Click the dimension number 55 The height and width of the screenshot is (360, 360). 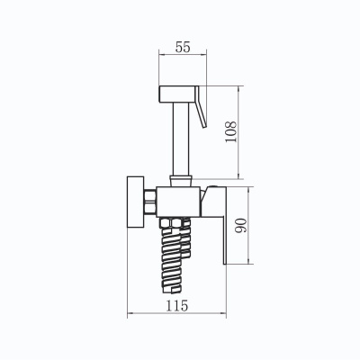pos(183,48)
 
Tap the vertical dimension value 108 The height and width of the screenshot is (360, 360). pos(231,132)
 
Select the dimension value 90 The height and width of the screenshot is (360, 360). pos(241,226)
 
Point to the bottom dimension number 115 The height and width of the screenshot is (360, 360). pos(177,306)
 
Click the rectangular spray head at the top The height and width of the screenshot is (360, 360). pos(177,94)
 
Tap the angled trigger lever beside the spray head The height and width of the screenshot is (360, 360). pos(201,107)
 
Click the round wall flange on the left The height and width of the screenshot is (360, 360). pos(136,202)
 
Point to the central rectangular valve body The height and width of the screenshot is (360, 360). pos(178,202)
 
